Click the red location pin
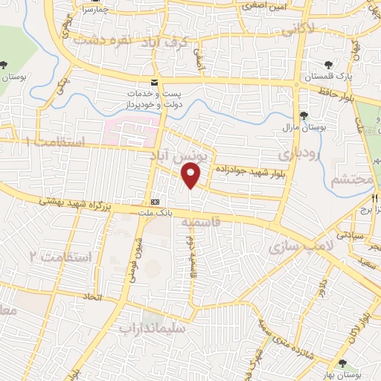[x=192, y=176]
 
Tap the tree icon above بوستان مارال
[x=304, y=115]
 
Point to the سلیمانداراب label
[x=156, y=326]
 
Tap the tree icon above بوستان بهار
[x=342, y=362]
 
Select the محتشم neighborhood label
[x=349, y=181]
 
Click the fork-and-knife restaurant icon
[x=375, y=199]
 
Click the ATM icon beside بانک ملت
[x=155, y=202]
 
